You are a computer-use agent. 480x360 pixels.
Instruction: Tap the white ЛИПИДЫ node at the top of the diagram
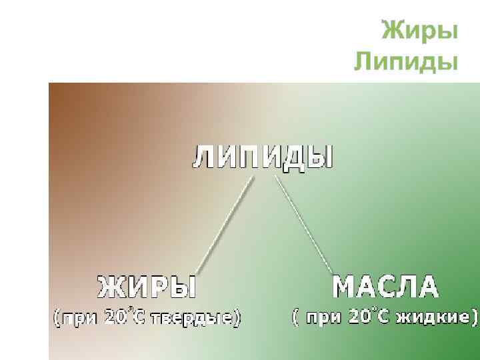pyautogui.click(x=263, y=158)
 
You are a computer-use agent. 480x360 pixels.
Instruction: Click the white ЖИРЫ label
pyautogui.click(x=147, y=288)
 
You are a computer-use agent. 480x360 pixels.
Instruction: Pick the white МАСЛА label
pyautogui.click(x=385, y=287)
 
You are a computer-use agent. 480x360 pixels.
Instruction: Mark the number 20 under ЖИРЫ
pyautogui.click(x=114, y=318)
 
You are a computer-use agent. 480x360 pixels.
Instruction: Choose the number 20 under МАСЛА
pyautogui.click(x=359, y=317)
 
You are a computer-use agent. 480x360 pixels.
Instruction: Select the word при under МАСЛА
pyautogui.click(x=325, y=317)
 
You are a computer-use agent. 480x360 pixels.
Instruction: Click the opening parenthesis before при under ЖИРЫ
pyautogui.click(x=57, y=319)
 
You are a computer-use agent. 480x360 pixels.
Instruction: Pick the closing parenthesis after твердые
pyautogui.click(x=237, y=319)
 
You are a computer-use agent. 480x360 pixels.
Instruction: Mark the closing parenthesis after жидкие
pyautogui.click(x=475, y=317)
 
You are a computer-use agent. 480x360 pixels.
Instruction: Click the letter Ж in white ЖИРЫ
pyautogui.click(x=111, y=288)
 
